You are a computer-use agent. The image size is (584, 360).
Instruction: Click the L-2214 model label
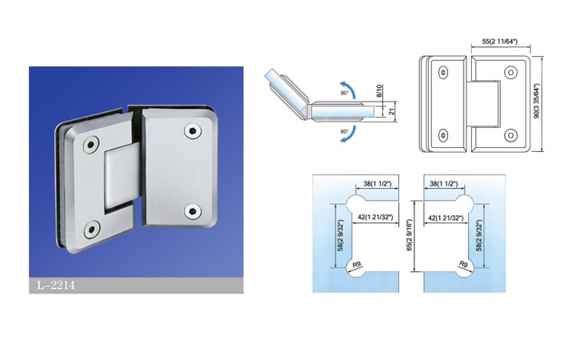coord(56,286)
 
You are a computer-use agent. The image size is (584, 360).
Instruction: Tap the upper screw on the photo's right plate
coord(193,130)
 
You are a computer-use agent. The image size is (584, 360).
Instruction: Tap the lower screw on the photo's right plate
coord(193,211)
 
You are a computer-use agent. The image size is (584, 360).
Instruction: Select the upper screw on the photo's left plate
coord(91,145)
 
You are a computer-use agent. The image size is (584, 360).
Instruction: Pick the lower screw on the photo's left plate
coord(91,229)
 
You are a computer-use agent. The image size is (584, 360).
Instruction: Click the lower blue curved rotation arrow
coord(349,134)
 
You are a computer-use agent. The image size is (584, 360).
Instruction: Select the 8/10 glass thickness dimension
coord(379,91)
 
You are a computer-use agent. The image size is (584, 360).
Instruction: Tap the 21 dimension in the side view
coord(392,112)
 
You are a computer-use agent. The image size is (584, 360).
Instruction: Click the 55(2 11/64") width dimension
coord(500,42)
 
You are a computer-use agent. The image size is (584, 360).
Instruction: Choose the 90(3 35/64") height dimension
coord(537,101)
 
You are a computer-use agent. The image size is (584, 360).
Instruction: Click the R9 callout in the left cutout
coord(357,264)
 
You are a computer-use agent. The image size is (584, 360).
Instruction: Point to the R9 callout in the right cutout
coord(463,264)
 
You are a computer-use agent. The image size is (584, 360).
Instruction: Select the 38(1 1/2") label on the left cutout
coord(378,184)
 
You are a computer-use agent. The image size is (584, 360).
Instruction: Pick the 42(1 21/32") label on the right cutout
coord(446,218)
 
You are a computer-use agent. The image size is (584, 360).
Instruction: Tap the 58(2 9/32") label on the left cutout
coord(341,235)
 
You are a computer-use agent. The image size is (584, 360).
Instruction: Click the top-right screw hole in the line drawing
coord(510,72)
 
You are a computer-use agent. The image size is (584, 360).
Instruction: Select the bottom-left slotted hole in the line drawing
coord(443,135)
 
